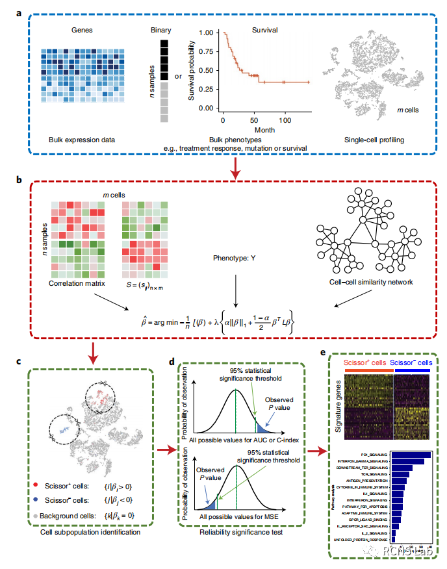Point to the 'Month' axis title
point(253,129)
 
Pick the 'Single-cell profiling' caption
point(372,140)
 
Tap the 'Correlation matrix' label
point(77,284)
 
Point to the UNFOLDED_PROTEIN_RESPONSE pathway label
point(361,540)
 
